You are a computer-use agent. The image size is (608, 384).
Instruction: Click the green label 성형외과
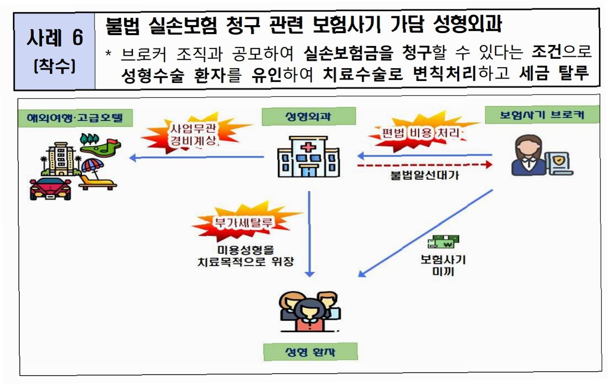(x=308, y=116)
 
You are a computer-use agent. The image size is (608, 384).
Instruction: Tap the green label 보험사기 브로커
(x=541, y=115)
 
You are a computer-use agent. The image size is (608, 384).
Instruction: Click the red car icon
(x=51, y=188)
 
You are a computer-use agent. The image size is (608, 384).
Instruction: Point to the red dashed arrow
(x=425, y=165)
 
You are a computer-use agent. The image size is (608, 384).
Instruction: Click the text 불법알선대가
(x=425, y=175)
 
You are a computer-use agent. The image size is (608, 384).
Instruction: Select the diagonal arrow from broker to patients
(x=425, y=232)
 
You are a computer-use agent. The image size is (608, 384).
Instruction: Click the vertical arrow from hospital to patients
(x=309, y=232)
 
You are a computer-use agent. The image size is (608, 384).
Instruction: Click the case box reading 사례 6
(x=54, y=51)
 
